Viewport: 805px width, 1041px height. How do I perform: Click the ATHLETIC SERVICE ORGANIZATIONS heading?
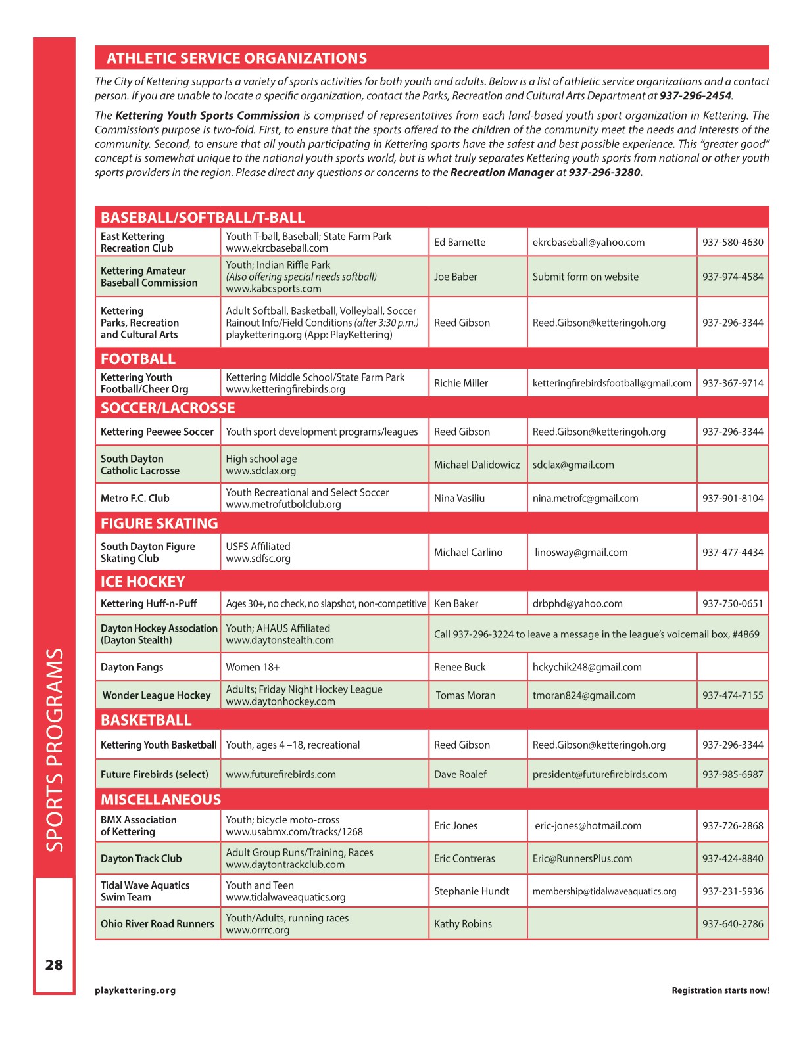click(237, 58)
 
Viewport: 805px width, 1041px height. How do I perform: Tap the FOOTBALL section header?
click(138, 359)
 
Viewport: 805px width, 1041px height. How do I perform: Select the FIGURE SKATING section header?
click(159, 524)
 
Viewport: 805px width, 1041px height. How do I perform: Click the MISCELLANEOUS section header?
click(160, 800)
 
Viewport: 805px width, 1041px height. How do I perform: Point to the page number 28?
click(54, 965)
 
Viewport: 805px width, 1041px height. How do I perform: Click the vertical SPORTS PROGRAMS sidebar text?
click(55, 750)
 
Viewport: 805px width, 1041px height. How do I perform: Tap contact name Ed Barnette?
click(460, 243)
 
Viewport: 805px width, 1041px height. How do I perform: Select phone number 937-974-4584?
click(733, 277)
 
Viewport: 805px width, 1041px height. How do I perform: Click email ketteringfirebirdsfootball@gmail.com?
click(612, 383)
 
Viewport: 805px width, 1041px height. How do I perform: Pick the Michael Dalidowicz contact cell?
click(477, 465)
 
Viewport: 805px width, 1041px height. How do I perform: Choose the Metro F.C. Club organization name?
click(135, 498)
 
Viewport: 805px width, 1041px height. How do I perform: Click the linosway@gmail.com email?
click(581, 553)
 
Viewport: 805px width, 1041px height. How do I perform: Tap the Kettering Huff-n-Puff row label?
click(149, 603)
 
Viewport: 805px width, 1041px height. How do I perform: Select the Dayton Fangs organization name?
click(132, 667)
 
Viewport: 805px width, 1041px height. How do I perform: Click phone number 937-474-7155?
click(733, 695)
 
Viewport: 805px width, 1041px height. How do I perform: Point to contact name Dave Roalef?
click(460, 774)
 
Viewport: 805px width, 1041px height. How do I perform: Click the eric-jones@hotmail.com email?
click(588, 826)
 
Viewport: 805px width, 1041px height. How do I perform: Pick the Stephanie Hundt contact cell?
click(472, 891)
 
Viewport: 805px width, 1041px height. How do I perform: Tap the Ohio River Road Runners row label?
click(157, 924)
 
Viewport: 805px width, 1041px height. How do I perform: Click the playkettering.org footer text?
click(135, 990)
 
